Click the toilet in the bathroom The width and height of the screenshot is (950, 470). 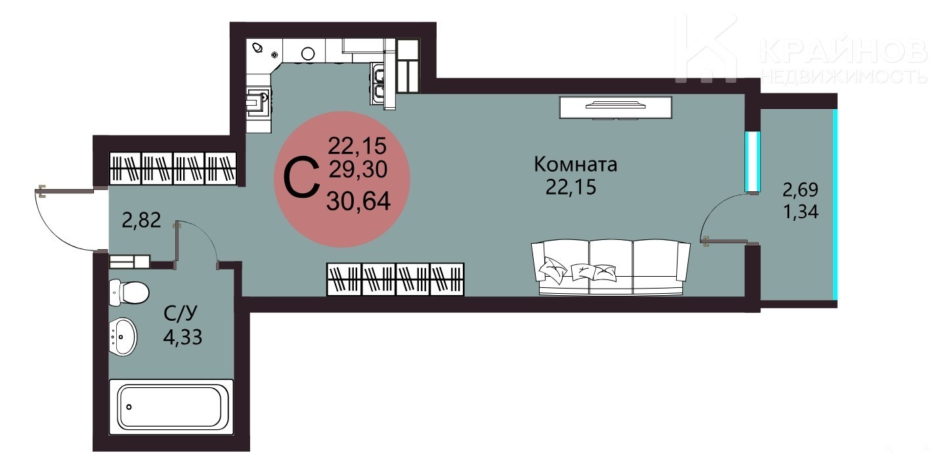(129, 292)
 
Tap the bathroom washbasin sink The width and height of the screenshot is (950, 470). (123, 337)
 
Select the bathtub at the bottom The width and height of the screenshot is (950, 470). (171, 407)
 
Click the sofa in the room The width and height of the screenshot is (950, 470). (611, 267)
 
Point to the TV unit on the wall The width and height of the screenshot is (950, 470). (615, 107)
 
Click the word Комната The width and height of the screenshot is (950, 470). (576, 165)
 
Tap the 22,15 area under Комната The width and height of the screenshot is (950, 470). (571, 187)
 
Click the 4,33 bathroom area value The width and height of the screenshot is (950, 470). (183, 337)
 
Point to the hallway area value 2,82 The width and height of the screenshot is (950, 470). (142, 220)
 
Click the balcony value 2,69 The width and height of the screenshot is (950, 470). (800, 190)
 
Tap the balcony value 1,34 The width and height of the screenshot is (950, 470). (800, 212)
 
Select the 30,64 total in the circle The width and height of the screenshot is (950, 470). (358, 201)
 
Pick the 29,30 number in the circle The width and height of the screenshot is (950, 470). (358, 170)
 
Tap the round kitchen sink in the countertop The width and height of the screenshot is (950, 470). (308, 53)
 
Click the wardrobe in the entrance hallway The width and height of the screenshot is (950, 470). (173, 168)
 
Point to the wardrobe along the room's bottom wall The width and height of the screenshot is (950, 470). (395, 279)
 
